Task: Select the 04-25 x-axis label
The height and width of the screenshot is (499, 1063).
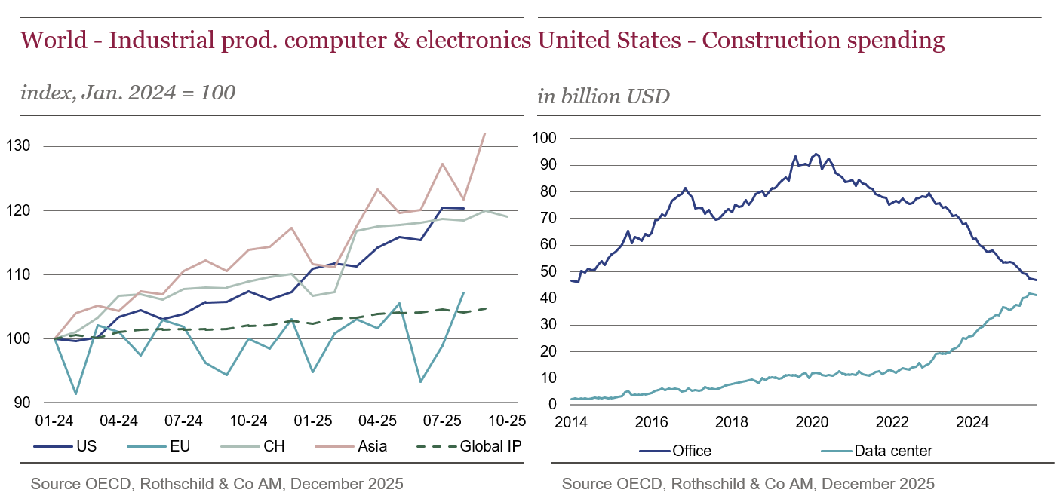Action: (x=377, y=420)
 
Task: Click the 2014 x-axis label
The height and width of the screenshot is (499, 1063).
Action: (x=571, y=421)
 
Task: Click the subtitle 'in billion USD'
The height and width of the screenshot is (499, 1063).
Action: (x=604, y=96)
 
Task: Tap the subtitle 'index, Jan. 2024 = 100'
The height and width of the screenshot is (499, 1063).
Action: (x=128, y=93)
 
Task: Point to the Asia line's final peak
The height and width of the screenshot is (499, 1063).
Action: (x=484, y=133)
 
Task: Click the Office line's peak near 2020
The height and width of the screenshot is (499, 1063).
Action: (x=816, y=154)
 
